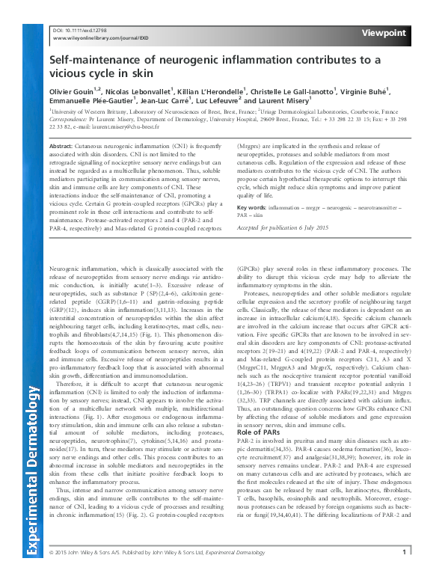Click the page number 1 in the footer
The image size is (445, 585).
404,574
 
